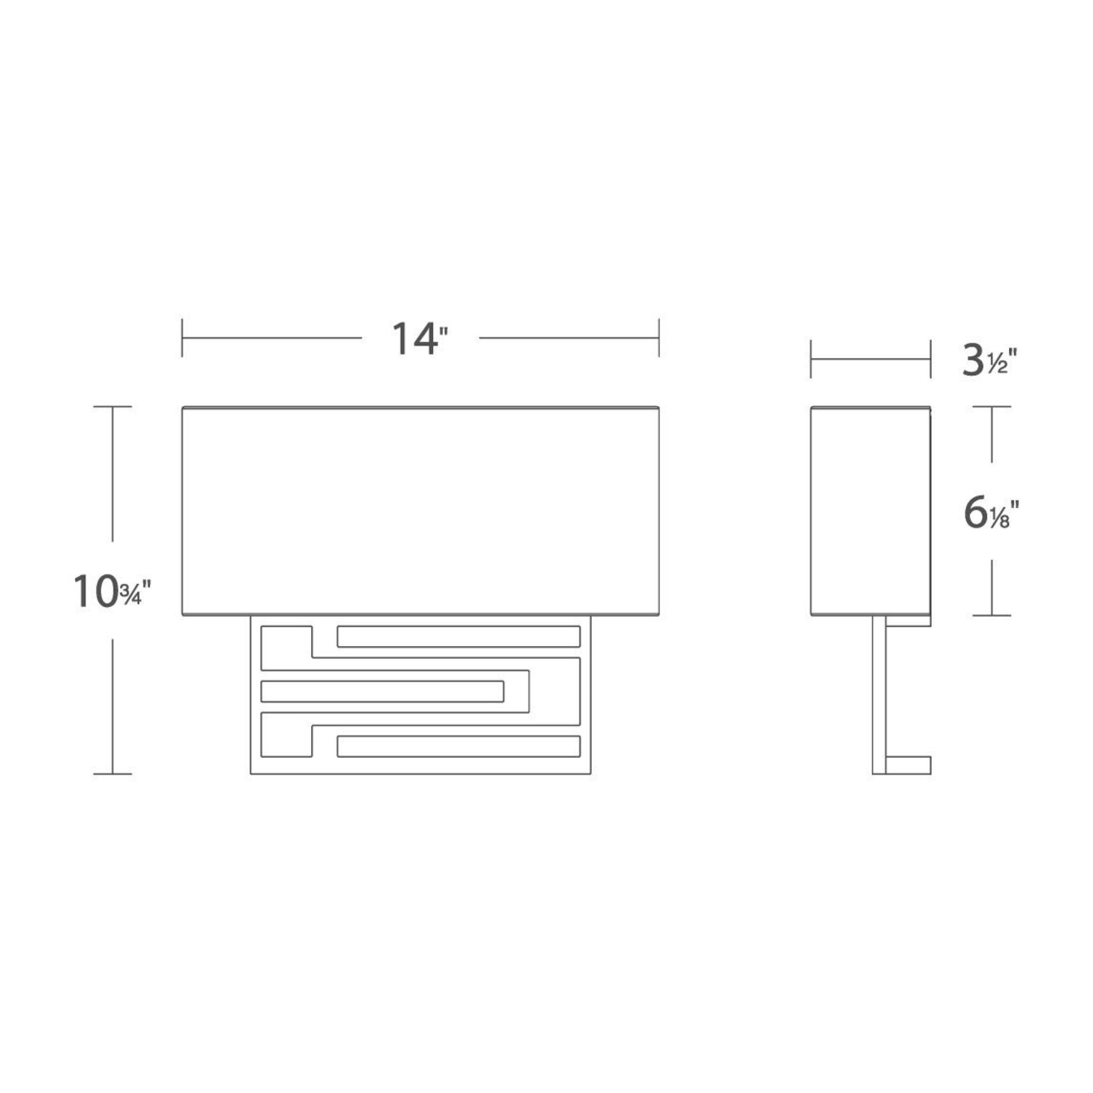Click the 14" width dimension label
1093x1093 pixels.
[x=420, y=338]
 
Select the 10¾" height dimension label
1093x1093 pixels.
[x=113, y=591]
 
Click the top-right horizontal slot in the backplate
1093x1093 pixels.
[x=459, y=637]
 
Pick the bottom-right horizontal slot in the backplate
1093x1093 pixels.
[x=459, y=746]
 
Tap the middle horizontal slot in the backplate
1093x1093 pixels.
[x=383, y=691]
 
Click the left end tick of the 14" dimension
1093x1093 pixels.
[x=181, y=338]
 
